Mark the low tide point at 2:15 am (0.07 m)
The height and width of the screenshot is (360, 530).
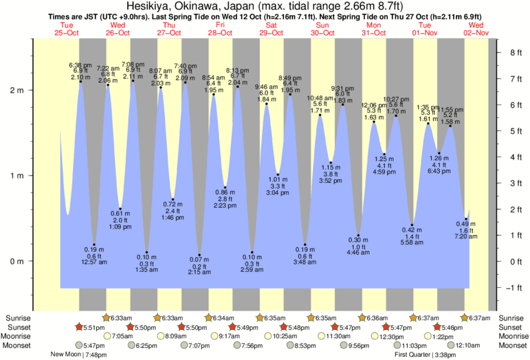199,255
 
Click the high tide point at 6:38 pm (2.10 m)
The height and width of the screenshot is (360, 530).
81,81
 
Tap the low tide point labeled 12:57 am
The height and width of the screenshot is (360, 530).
94,245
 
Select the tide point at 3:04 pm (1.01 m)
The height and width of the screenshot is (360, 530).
278,175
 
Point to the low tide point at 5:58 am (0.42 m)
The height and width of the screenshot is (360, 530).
412,226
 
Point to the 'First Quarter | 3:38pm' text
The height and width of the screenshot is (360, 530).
425,355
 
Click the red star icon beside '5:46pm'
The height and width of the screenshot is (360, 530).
437,327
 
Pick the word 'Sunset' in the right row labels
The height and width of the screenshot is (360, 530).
511,327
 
